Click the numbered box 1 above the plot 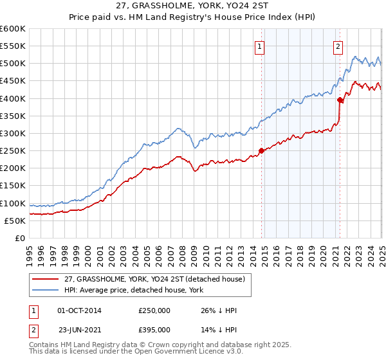[x=259, y=46]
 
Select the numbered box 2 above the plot [x=338, y=46]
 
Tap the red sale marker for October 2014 [x=261, y=150]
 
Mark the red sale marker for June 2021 [x=340, y=100]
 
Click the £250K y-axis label [x=14, y=151]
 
